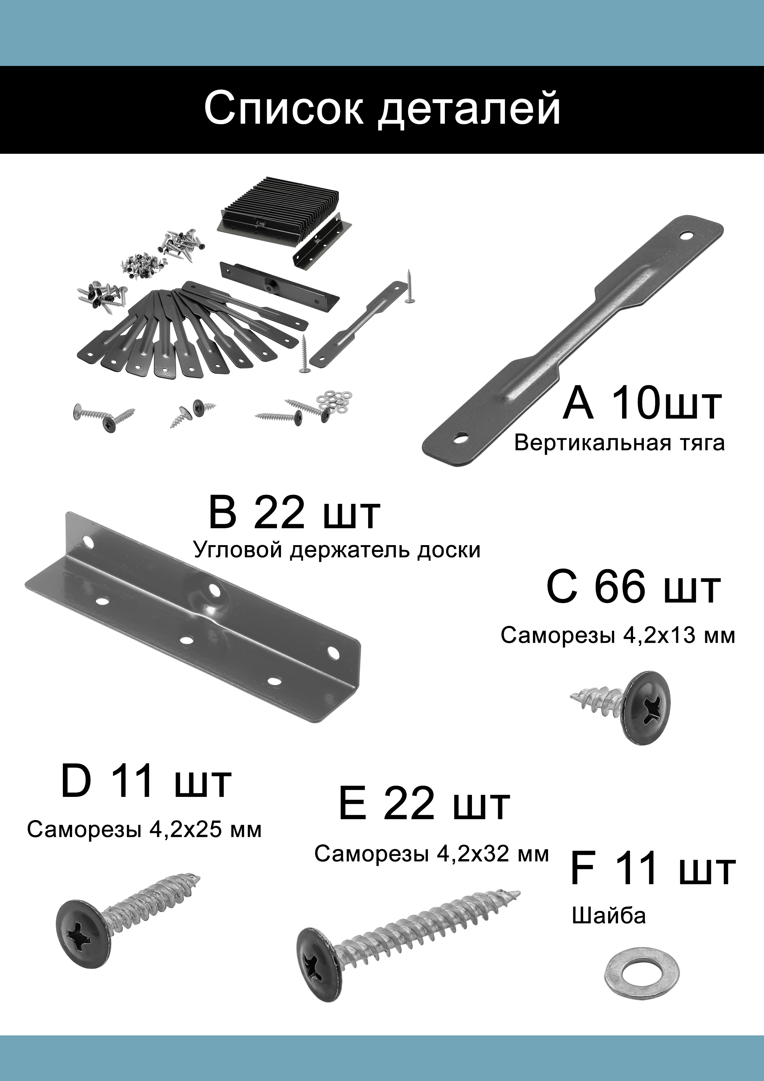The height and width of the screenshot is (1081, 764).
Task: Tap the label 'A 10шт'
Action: [x=642, y=403]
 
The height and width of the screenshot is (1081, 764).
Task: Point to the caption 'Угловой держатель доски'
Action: [x=337, y=550]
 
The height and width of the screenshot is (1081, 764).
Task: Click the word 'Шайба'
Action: [x=609, y=916]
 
